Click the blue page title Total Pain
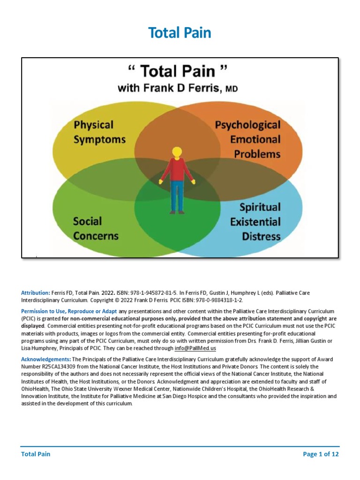coord(180,33)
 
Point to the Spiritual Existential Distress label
coord(255,222)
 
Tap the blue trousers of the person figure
coord(177,199)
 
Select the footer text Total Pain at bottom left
coord(36,454)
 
